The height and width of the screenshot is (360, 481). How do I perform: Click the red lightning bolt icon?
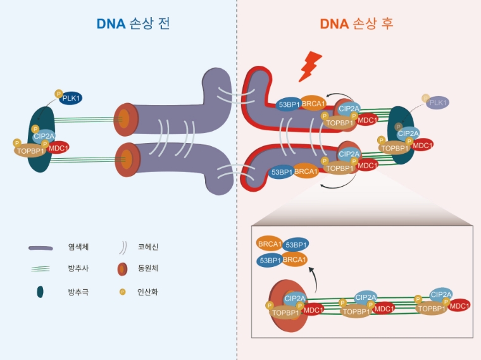point(310,66)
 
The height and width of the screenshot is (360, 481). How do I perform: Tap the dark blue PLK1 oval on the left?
point(71,98)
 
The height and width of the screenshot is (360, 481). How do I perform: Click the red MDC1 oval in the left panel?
point(58,147)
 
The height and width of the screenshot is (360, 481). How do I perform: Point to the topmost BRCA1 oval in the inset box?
point(269,243)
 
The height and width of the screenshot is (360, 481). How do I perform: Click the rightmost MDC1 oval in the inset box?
point(459,306)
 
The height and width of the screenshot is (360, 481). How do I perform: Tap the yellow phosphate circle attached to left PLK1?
point(59,93)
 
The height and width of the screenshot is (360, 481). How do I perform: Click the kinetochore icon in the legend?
point(123,270)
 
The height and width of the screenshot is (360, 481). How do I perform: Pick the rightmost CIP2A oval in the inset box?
point(440,294)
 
